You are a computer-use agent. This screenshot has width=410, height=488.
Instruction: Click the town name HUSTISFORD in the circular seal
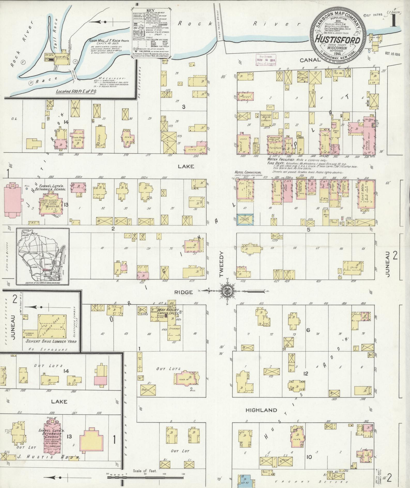pyautogui.click(x=338, y=41)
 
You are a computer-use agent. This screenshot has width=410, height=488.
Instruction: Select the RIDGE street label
pyautogui.click(x=184, y=292)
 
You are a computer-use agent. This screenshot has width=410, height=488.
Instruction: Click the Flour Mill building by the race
pyautogui.click(x=61, y=60)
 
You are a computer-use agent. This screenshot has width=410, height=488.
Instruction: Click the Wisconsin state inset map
pyautogui.click(x=43, y=256)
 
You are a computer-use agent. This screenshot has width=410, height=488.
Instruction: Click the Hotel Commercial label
pyautogui.click(x=248, y=172)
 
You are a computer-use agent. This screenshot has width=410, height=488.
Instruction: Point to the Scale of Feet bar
pyautogui.click(x=145, y=478)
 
